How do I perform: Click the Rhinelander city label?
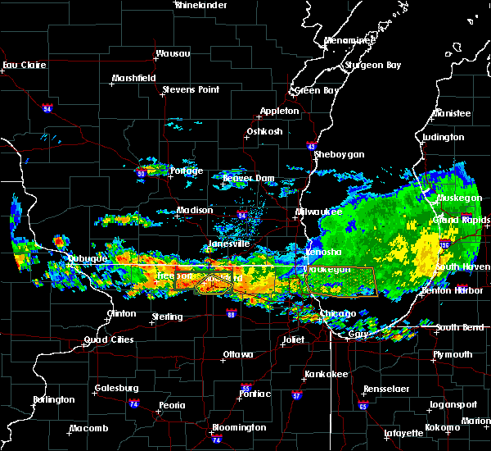[200, 5]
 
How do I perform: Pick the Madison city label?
[195, 211]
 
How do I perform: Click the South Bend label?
[460, 327]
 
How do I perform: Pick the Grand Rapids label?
[462, 220]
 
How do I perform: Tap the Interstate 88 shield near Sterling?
[231, 314]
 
